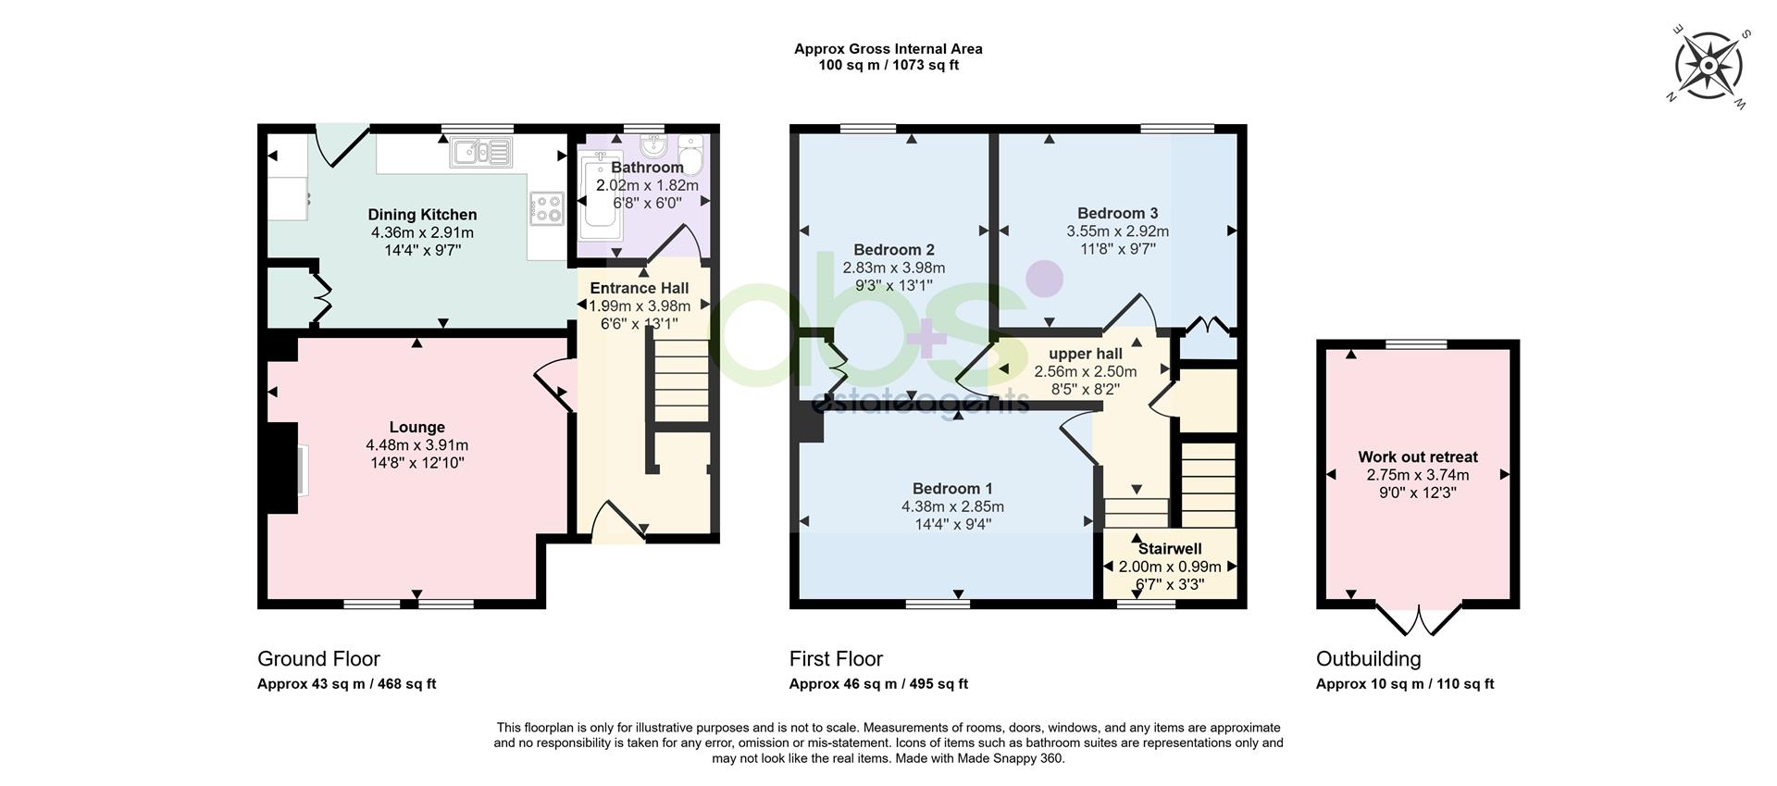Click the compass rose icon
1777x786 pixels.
click(x=1709, y=65)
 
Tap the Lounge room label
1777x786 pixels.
click(x=416, y=427)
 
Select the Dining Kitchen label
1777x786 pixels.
click(x=422, y=215)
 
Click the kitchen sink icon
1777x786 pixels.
click(x=480, y=153)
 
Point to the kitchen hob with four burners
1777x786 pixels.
click(x=546, y=207)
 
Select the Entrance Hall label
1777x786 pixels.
click(x=640, y=288)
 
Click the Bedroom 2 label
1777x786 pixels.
click(x=894, y=250)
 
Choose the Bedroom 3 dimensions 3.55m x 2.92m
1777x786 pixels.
click(x=1117, y=231)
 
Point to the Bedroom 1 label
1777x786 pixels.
click(x=952, y=489)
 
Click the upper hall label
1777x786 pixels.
click(x=1085, y=354)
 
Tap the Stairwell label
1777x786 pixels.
click(x=1171, y=549)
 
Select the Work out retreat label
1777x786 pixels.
click(x=1418, y=456)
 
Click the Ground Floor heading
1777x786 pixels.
click(x=318, y=659)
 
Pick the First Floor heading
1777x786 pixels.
click(x=836, y=659)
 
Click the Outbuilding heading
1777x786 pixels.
click(x=1368, y=659)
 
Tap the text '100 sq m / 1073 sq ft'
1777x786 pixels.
click(x=888, y=66)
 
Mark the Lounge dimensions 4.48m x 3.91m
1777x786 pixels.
click(x=416, y=445)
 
